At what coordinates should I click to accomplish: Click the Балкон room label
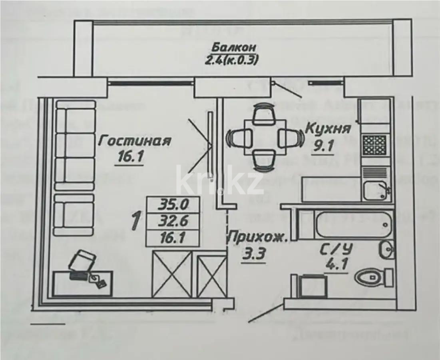[x=234, y=48]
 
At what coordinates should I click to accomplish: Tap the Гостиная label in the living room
[x=135, y=141]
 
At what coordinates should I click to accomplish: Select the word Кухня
[x=328, y=129]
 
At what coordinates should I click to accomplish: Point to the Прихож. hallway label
[x=258, y=238]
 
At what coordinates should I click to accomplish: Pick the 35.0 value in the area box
[x=173, y=205]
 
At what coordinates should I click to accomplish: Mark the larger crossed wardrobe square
[x=172, y=273]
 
